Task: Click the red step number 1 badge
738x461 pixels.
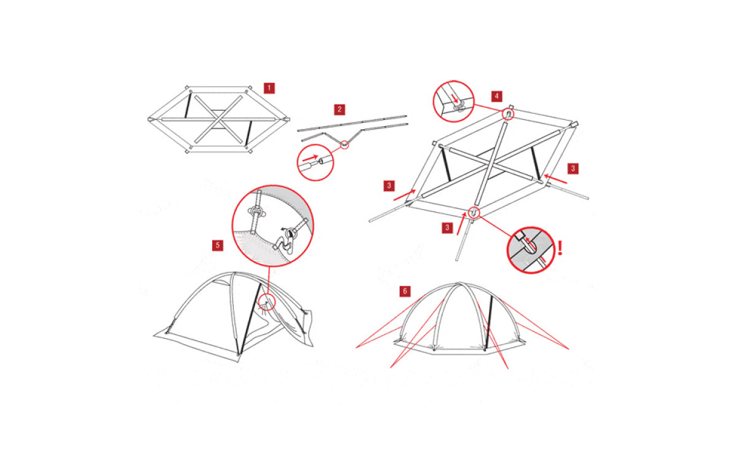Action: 269,89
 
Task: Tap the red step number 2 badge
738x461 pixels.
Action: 339,109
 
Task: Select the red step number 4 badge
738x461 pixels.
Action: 497,97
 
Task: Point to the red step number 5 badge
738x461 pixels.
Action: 218,245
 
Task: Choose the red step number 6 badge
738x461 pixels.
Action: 405,291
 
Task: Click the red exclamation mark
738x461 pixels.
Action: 560,248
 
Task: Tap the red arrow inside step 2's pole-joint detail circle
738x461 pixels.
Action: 311,158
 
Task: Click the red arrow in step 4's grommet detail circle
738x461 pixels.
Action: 455,98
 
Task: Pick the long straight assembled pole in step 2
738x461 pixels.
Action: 352,124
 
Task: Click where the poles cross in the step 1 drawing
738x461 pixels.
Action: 218,119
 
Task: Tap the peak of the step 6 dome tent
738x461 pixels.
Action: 459,283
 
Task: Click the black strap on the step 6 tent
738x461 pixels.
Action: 488,322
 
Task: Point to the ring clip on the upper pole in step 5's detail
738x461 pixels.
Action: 256,211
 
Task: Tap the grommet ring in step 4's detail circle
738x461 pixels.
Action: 458,106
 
